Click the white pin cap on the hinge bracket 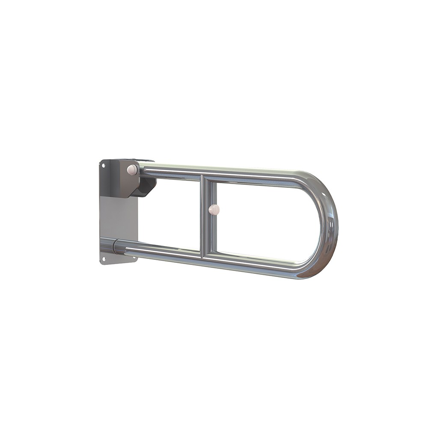(x=132, y=170)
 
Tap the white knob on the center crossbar (x=214, y=209)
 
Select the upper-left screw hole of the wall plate (x=103, y=164)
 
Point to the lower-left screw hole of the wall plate (x=103, y=258)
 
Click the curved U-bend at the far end (x=330, y=223)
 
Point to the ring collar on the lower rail (x=116, y=247)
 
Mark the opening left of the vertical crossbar (x=171, y=214)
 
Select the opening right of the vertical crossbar (x=265, y=218)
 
